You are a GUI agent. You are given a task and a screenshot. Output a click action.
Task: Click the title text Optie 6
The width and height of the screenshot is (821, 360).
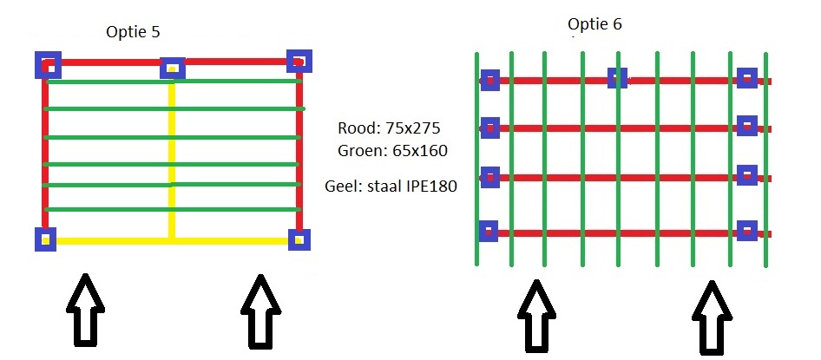[594, 23]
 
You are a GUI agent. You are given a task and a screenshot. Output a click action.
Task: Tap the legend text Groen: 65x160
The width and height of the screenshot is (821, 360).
[392, 151]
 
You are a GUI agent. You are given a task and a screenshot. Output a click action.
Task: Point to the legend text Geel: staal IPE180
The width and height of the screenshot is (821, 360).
[391, 186]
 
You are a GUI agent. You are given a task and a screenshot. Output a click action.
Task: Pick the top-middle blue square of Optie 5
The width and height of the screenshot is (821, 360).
[173, 68]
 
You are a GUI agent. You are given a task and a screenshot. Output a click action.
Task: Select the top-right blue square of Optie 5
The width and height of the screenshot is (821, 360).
[299, 62]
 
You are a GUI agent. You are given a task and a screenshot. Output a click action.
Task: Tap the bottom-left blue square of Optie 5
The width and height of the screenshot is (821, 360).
[45, 238]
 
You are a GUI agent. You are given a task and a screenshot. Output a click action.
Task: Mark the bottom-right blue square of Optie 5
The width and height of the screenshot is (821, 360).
[299, 239]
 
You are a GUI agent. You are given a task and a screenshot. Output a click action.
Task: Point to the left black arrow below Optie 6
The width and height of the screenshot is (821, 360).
[536, 316]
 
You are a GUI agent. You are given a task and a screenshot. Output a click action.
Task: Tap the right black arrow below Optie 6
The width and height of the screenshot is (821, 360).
[711, 316]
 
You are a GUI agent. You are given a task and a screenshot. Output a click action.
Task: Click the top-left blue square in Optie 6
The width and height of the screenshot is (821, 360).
[489, 80]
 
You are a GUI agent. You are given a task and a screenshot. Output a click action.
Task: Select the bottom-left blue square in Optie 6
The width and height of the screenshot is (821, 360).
[489, 231]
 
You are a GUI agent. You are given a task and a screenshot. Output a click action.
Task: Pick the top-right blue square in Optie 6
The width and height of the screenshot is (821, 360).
[746, 79]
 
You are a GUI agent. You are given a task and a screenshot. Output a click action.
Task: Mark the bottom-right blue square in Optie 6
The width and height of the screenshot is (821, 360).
[746, 231]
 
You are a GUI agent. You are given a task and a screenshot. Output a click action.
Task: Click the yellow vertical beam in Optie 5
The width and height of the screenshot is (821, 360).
[173, 156]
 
